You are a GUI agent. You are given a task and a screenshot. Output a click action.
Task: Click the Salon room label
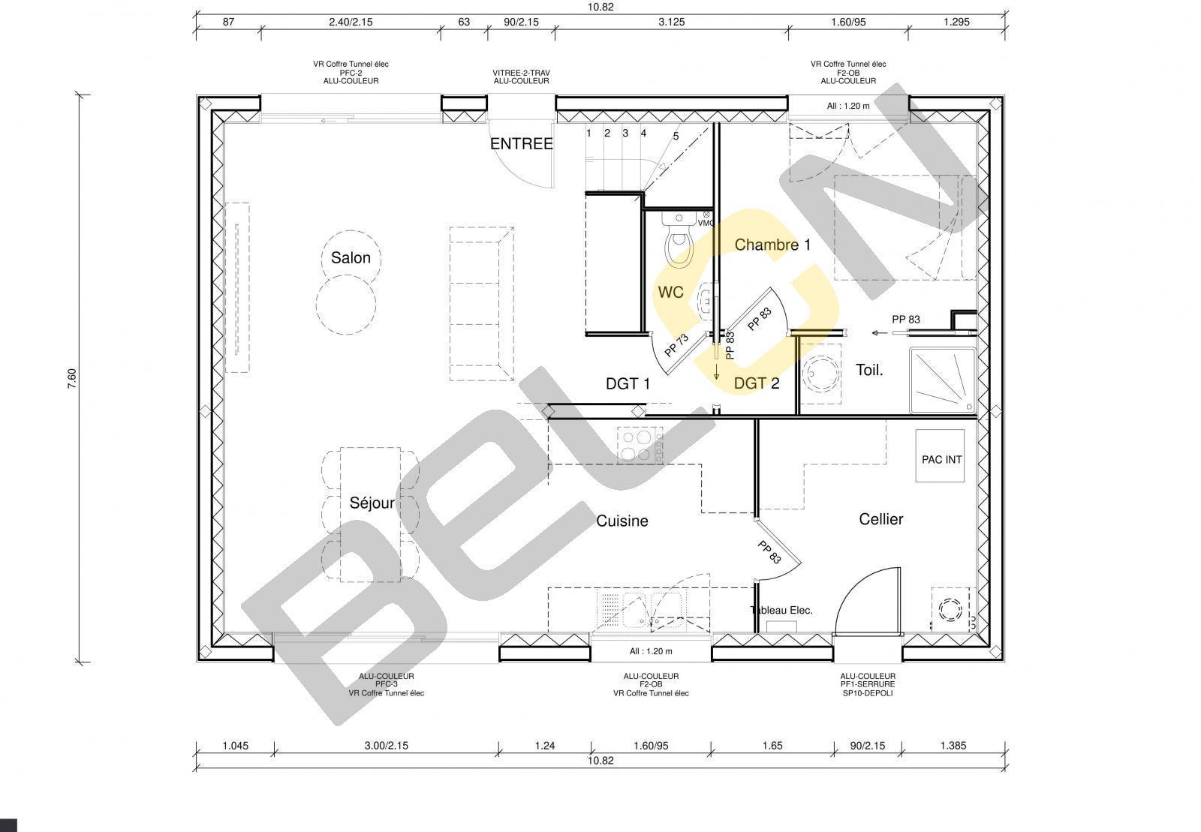point(351,257)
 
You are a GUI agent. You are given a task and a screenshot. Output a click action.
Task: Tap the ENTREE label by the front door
point(521,143)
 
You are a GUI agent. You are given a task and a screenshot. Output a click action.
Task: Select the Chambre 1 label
point(772,245)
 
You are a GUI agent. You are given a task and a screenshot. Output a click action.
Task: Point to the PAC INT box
point(940,456)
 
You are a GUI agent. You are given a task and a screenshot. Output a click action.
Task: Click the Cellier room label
point(881,518)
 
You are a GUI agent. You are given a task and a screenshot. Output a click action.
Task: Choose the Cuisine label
point(622,521)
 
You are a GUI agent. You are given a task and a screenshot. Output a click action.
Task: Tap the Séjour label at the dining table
point(372,503)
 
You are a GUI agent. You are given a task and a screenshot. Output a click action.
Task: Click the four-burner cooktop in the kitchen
point(640,445)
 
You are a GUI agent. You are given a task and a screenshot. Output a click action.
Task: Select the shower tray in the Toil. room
point(943,380)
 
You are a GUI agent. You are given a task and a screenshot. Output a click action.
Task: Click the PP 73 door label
point(676,346)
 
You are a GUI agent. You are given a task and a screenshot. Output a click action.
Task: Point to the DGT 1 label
point(628,383)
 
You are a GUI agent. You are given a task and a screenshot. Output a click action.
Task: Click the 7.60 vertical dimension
point(72,378)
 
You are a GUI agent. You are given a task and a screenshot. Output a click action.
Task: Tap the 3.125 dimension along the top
point(671,22)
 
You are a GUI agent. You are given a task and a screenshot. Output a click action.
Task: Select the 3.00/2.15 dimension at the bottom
point(386,745)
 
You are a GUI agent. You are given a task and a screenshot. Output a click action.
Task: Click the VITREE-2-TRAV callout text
point(521,73)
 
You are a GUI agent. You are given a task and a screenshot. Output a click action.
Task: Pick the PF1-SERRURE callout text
point(868,684)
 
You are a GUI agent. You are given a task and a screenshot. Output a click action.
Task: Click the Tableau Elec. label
point(781,610)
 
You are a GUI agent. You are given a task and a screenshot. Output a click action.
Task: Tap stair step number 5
point(676,136)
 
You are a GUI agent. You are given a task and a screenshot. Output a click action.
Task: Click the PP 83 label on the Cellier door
point(769,552)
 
